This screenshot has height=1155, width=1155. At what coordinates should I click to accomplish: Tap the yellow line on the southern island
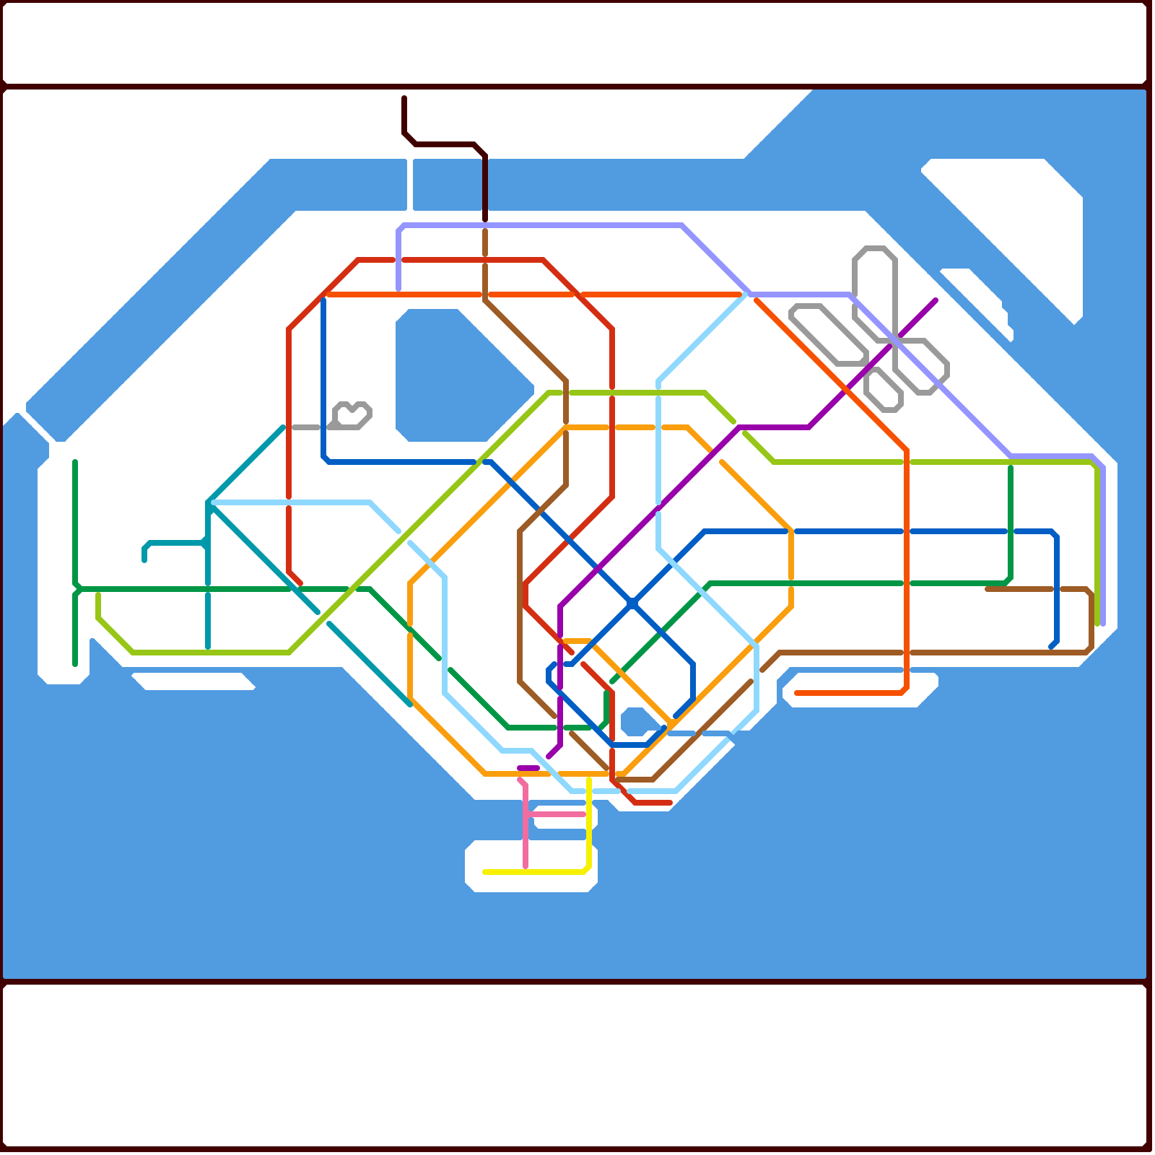(534, 872)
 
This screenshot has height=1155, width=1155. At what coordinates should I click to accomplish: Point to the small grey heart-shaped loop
(353, 416)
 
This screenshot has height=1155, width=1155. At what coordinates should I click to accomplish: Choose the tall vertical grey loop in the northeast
(875, 289)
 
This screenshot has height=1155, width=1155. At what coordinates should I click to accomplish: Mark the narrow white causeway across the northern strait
(409, 184)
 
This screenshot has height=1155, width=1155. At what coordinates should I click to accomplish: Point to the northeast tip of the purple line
(935, 300)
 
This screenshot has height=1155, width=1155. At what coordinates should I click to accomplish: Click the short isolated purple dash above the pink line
(528, 768)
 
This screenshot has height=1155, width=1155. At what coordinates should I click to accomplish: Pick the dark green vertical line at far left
(75, 520)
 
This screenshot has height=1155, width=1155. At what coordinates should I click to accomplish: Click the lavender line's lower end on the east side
(1102, 622)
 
